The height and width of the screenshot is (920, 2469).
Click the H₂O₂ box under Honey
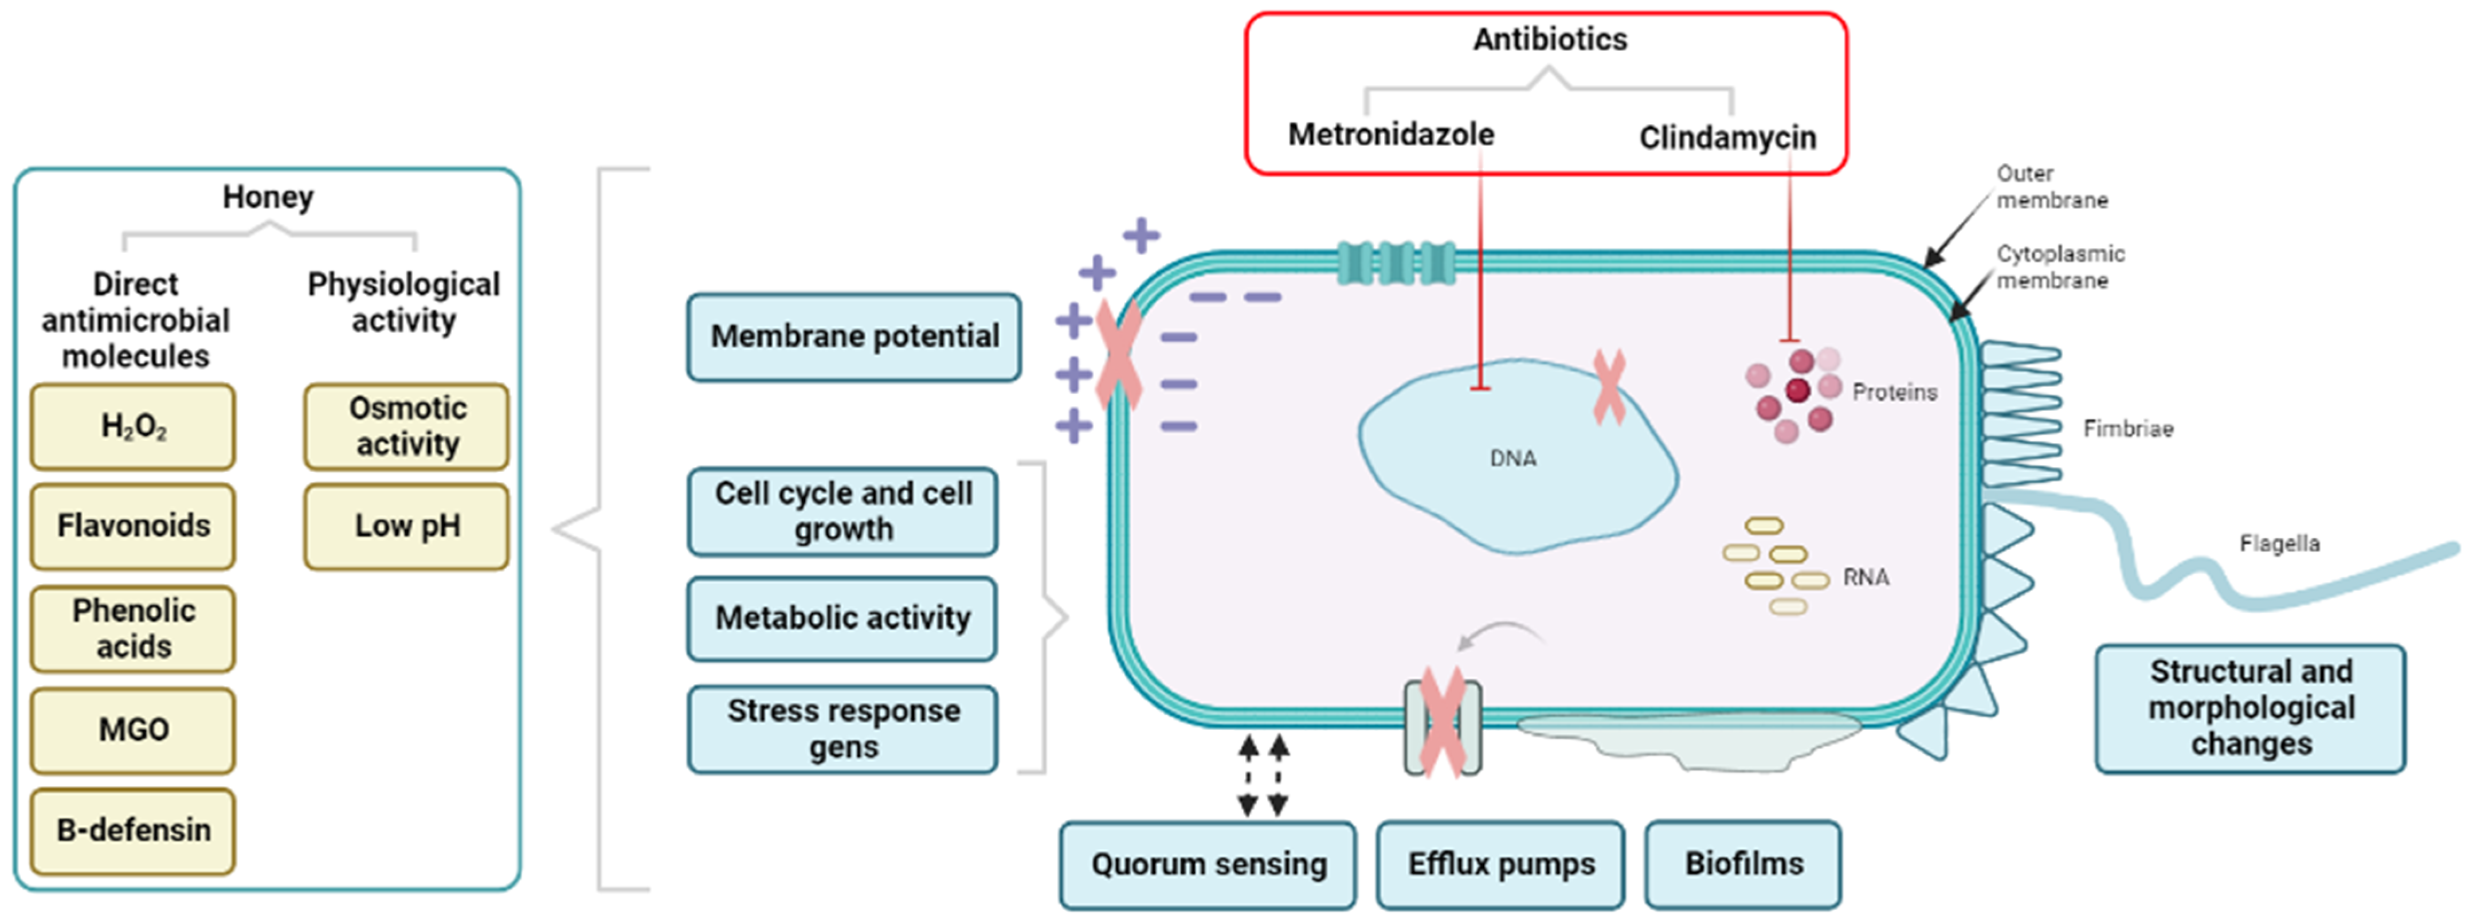[x=132, y=426]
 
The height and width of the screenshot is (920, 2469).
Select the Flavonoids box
[x=132, y=526]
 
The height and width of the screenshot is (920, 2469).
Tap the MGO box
[x=132, y=730]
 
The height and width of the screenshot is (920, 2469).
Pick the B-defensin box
[x=132, y=830]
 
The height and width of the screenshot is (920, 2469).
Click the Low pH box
[x=406, y=526]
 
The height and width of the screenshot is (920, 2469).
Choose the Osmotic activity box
[x=406, y=426]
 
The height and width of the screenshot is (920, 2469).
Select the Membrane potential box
[x=853, y=336]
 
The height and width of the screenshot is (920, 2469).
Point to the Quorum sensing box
[x=1207, y=864]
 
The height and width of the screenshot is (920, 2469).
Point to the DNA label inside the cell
[x=1512, y=459]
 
